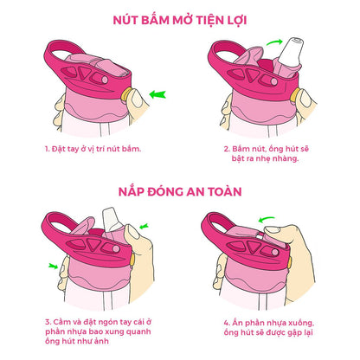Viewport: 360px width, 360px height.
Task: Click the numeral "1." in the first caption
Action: coord(48,148)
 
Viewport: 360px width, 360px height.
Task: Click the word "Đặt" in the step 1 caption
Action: coord(63,148)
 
